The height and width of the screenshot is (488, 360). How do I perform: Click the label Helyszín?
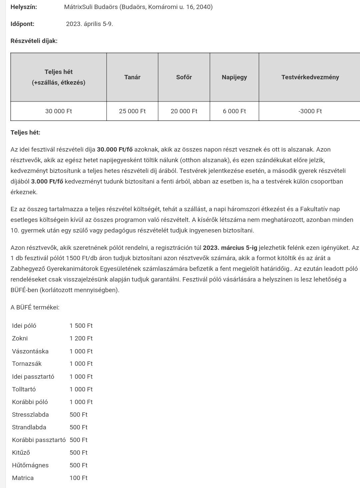click(24, 7)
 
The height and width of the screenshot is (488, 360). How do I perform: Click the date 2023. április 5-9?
click(89, 24)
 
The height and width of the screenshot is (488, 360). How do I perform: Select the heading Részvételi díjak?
click(34, 41)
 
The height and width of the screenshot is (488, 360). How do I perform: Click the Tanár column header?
click(132, 77)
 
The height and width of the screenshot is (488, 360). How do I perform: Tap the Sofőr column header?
click(184, 77)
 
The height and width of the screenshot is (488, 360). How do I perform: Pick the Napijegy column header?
click(234, 77)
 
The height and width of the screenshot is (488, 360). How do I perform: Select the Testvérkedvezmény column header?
click(310, 77)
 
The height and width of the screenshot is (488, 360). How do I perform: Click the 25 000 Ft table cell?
click(132, 111)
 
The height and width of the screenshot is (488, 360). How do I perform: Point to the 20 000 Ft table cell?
click(184, 111)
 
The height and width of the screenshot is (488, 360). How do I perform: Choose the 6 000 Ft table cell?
click(234, 111)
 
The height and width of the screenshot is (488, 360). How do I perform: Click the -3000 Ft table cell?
click(310, 111)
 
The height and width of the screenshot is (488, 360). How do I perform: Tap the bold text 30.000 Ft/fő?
click(114, 150)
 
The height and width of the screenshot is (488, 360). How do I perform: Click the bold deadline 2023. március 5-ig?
click(230, 248)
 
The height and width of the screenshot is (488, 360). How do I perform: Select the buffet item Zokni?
click(20, 338)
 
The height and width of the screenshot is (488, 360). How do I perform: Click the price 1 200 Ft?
click(81, 338)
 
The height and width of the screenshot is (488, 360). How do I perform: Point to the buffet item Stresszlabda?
click(30, 415)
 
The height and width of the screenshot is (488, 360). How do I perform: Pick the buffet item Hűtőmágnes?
click(30, 465)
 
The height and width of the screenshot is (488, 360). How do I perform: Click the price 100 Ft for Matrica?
click(78, 478)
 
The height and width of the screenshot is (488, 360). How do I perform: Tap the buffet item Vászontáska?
click(30, 351)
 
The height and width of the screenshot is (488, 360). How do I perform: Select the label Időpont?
click(22, 24)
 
